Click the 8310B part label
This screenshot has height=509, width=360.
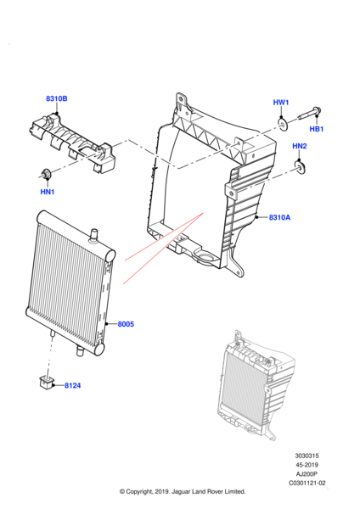coord(57,99)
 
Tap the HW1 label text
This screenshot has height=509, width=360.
coord(281,103)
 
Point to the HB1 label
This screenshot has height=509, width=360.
coord(316,129)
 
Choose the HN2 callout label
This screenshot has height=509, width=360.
coord(300,146)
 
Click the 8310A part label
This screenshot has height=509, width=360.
coord(279,217)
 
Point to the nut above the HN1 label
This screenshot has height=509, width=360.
coord(46,175)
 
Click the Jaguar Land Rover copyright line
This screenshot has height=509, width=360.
coord(183,491)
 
